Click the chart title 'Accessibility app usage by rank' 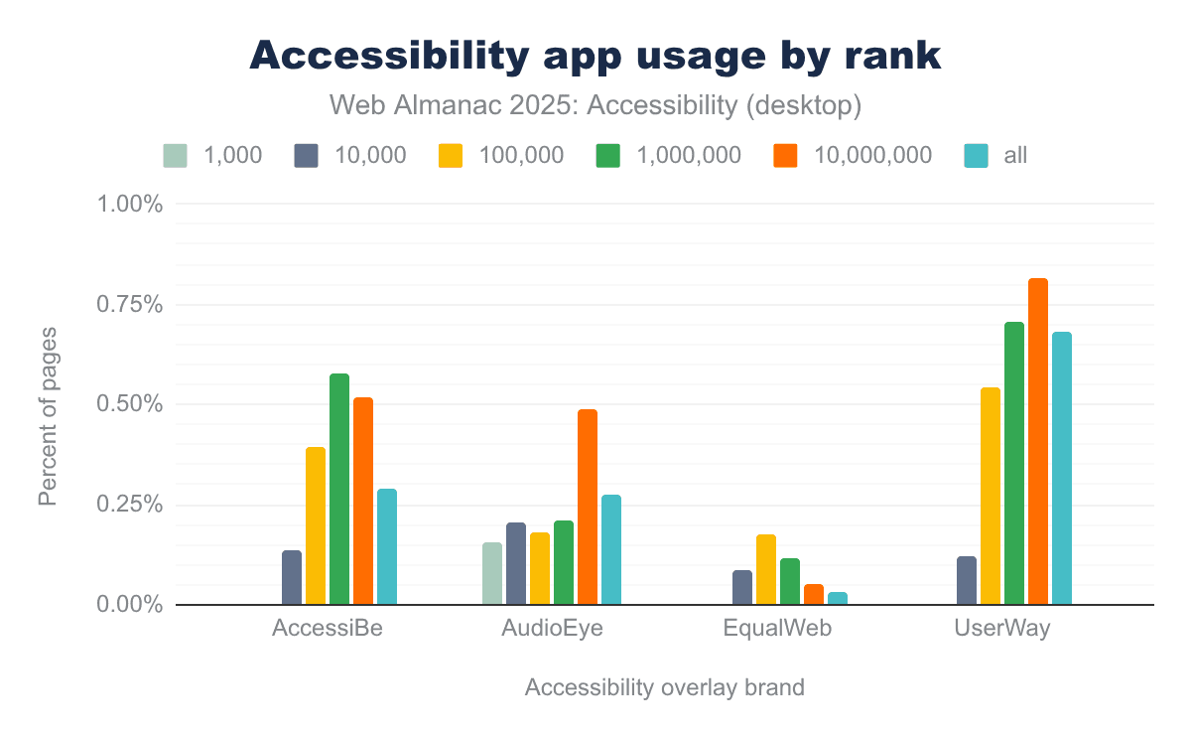[x=595, y=56]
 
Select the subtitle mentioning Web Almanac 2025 [x=595, y=104]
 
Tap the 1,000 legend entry [x=212, y=155]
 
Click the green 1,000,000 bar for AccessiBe [x=339, y=489]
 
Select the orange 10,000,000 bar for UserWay [x=1038, y=441]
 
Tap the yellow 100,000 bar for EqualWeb [x=766, y=569]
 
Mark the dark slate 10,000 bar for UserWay [x=967, y=580]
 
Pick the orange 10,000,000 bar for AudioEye [x=588, y=507]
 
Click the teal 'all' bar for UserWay [x=1062, y=468]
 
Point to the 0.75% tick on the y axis [x=128, y=304]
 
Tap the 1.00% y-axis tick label [x=128, y=204]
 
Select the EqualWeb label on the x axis [x=778, y=629]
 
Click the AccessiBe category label [x=328, y=629]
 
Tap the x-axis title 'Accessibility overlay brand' [x=664, y=688]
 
